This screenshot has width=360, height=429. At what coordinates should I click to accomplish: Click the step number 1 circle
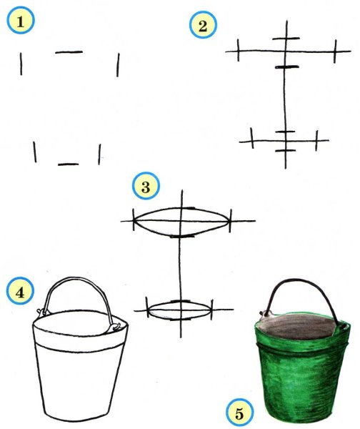(x=21, y=20)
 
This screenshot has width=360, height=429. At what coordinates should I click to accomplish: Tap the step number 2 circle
(x=203, y=24)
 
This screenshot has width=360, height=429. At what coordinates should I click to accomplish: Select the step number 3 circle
(x=146, y=187)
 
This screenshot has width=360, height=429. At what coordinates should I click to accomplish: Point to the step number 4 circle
(x=20, y=291)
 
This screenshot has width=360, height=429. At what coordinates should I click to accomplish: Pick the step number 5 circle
(x=240, y=413)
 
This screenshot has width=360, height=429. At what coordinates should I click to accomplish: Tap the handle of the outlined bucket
(x=79, y=279)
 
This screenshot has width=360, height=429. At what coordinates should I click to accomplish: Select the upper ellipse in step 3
(x=181, y=209)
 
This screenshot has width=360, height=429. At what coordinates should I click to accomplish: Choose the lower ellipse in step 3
(x=180, y=302)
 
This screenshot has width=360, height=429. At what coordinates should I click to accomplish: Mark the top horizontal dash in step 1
(x=69, y=51)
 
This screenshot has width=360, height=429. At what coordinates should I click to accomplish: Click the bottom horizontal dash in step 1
(x=69, y=164)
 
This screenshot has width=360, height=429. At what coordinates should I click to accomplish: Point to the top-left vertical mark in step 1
(x=21, y=64)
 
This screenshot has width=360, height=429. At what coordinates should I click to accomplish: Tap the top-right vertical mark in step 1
(x=118, y=65)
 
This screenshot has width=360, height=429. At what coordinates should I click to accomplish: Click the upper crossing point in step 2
(x=286, y=51)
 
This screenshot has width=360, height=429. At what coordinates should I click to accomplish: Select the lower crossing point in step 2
(x=286, y=141)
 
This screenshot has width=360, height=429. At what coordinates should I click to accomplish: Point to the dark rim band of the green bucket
(x=301, y=350)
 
